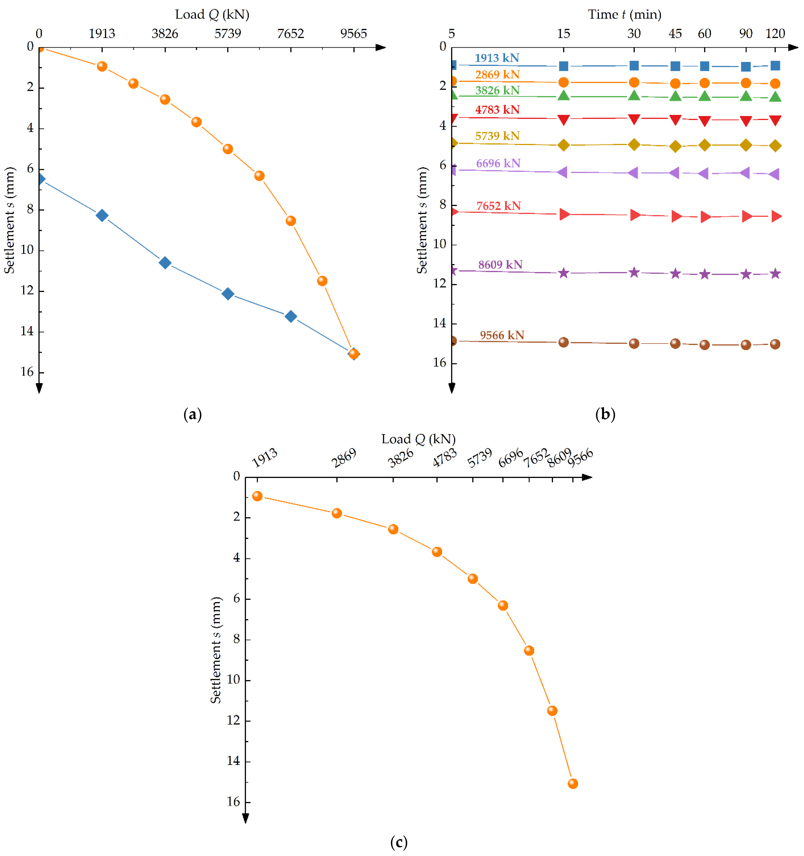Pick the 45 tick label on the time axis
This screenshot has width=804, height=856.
[x=675, y=34]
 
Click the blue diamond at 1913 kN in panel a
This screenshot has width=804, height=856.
[x=102, y=215]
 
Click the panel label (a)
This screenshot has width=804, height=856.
[x=192, y=414]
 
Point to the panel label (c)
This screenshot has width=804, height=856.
[x=399, y=842]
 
